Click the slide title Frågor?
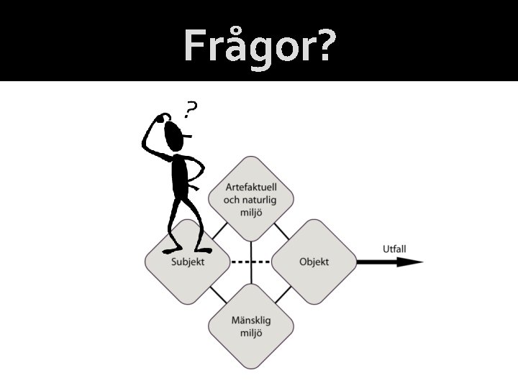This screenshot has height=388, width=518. (259, 46)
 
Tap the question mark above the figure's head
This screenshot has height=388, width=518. (191, 109)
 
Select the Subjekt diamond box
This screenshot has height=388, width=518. (187, 262)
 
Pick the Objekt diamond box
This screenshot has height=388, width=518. (314, 262)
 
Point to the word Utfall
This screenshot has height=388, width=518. (394, 249)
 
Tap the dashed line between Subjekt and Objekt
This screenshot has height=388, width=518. (250, 262)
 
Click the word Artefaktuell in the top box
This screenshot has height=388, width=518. (251, 187)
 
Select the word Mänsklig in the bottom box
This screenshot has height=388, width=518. (251, 320)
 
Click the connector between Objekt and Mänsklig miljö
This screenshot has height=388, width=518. (283, 293)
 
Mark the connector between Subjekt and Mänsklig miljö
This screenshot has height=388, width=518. (218, 293)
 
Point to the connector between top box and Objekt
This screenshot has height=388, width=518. (283, 230)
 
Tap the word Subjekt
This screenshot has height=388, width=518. (188, 262)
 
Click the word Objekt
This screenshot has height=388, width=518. (314, 262)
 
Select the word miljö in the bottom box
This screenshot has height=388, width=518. (251, 333)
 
